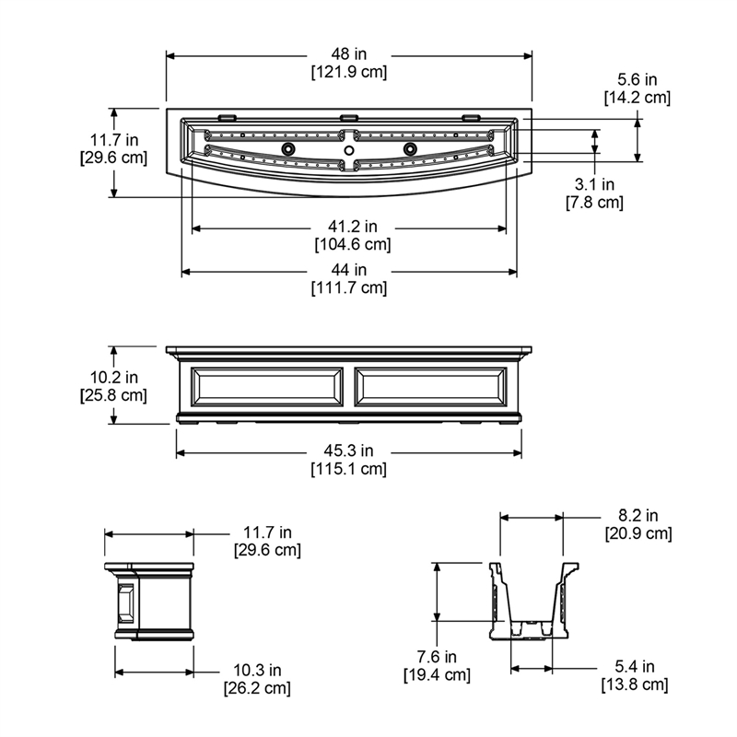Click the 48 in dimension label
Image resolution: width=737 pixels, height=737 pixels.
pos(349,54)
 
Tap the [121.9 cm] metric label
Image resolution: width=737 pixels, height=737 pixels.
pos(349,72)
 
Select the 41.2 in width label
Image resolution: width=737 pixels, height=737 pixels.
pos(353,227)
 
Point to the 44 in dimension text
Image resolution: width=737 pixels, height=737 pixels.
pos(349,270)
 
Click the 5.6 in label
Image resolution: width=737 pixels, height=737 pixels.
pos(637,79)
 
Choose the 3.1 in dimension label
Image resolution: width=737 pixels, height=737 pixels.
pos(594,184)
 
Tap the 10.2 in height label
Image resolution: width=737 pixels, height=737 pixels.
pos(113,377)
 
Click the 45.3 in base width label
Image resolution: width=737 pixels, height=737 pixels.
pos(348,450)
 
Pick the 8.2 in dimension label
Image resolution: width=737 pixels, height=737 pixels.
pos(638,516)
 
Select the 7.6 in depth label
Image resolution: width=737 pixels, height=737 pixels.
pos(437,657)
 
